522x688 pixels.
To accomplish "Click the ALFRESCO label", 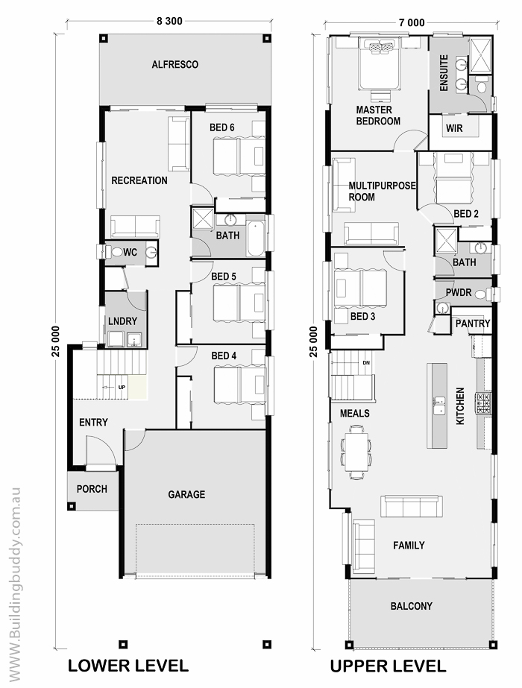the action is (174, 65).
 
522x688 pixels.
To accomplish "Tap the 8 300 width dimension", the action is (169, 21).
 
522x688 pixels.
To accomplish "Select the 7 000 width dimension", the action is (412, 22).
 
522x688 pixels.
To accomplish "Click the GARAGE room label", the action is (186, 494).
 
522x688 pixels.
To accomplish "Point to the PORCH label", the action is (92, 489).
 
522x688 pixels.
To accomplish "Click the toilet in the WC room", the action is (116, 252).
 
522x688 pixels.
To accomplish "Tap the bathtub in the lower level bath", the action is (256, 239).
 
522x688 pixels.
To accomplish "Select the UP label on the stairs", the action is (122, 388).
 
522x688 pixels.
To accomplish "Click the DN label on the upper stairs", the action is (366, 363).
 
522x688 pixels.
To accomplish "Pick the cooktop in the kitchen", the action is (483, 403).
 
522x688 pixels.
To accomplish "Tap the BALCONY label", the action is (412, 606).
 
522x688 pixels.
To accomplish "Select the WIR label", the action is (454, 128).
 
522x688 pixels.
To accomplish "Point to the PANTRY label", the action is (472, 324).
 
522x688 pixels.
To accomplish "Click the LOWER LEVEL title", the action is (128, 666).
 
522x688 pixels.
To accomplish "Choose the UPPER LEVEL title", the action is (388, 666).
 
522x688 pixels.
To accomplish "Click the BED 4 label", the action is (224, 356).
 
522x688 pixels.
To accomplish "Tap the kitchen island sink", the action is (438, 405).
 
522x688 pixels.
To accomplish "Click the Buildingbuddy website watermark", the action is (14, 584).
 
